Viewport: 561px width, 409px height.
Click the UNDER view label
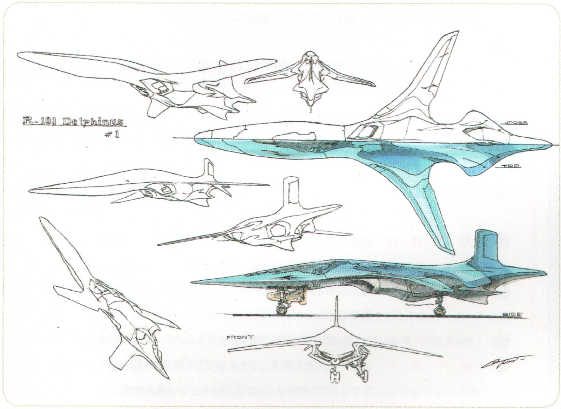pyautogui.click(x=515, y=123)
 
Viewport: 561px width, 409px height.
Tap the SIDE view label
pyautogui.click(x=513, y=315)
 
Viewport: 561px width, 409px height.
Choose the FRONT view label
pyautogui.click(x=240, y=338)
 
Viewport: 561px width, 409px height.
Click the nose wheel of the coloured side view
pyautogui.click(x=281, y=309)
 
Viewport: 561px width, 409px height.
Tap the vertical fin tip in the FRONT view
pyautogui.click(x=337, y=298)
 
